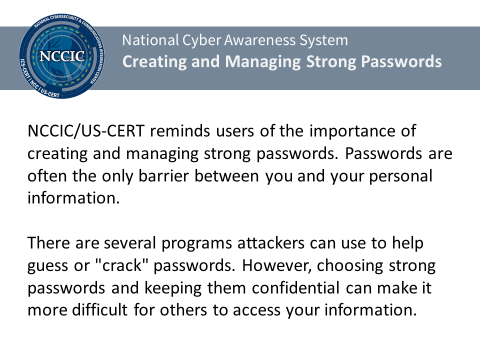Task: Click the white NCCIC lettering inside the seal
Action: pyautogui.click(x=62, y=56)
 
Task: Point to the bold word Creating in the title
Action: pyautogui.click(x=154, y=62)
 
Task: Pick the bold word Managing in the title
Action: pyautogui.click(x=263, y=62)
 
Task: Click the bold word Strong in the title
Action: pyautogui.click(x=331, y=62)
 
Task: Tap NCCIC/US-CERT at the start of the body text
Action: pyautogui.click(x=86, y=131)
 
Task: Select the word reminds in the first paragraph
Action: pyautogui.click(x=180, y=131)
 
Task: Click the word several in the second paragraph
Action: pyautogui.click(x=130, y=243)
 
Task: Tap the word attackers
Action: pyautogui.click(x=271, y=243)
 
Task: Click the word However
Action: pyautogui.click(x=276, y=265)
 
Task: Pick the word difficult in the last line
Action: pyautogui.click(x=100, y=310)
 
